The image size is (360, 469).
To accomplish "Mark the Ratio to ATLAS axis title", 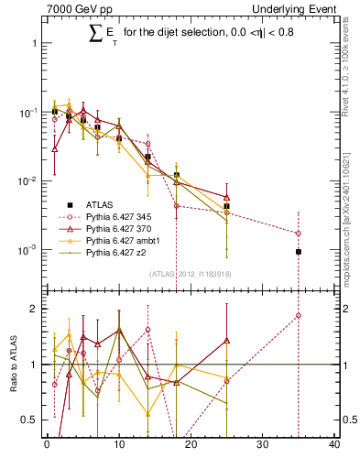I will (13, 365).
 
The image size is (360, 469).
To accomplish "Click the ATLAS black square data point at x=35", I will (299, 251).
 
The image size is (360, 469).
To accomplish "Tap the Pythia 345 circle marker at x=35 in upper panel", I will (299, 233).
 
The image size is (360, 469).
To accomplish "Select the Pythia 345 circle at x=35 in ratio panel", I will (299, 315).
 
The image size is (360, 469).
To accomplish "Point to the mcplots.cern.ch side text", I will (351, 211).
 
